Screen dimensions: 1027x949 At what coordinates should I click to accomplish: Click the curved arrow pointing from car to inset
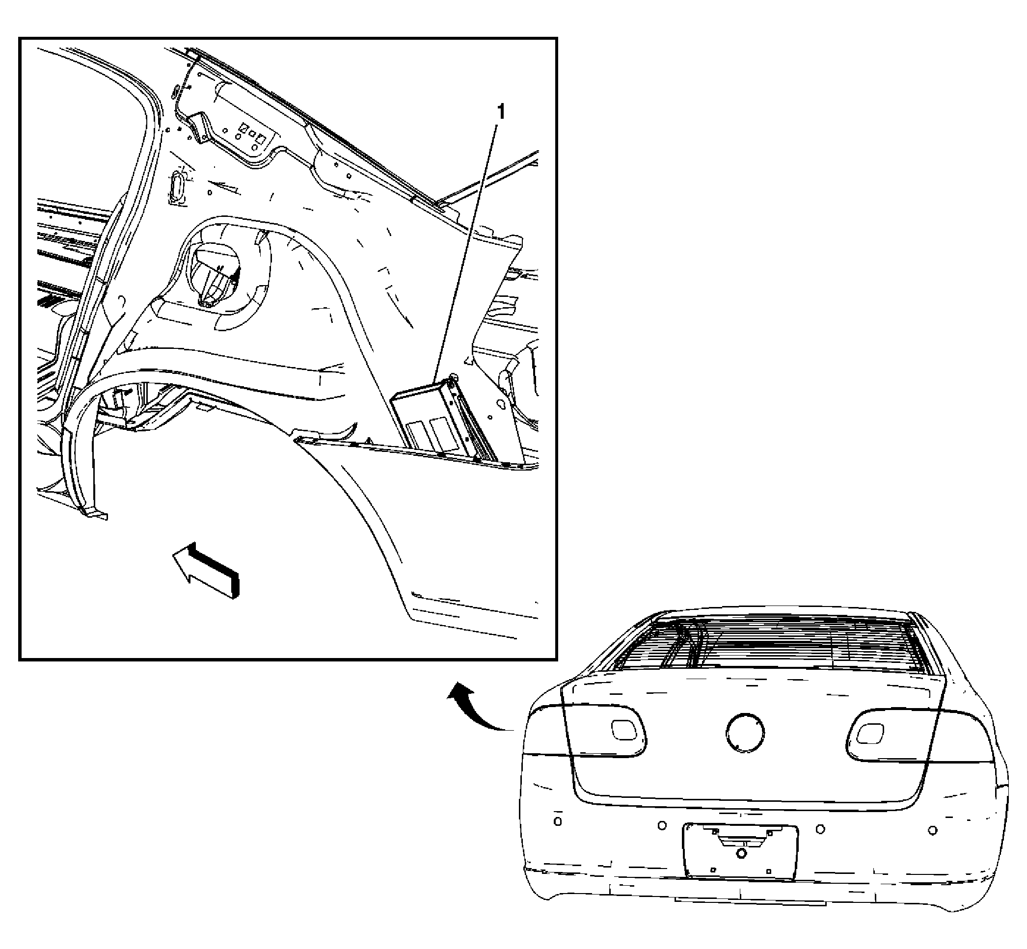[478, 706]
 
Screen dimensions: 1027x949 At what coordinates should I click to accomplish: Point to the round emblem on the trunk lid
[745, 733]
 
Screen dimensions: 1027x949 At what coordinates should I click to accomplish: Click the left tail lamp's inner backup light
[623, 730]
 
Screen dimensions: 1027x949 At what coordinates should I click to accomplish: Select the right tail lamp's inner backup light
[870, 733]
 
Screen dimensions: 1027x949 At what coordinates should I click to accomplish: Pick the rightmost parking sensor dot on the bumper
[932, 830]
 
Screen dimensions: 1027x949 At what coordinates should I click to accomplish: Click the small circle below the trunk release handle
[741, 853]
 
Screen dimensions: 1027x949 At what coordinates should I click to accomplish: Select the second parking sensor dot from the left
[662, 825]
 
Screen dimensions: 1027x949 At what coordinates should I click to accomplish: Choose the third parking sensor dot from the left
[820, 829]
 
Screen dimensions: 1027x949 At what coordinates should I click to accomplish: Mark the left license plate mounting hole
[713, 870]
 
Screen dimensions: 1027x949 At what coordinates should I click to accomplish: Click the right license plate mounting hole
[769, 871]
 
